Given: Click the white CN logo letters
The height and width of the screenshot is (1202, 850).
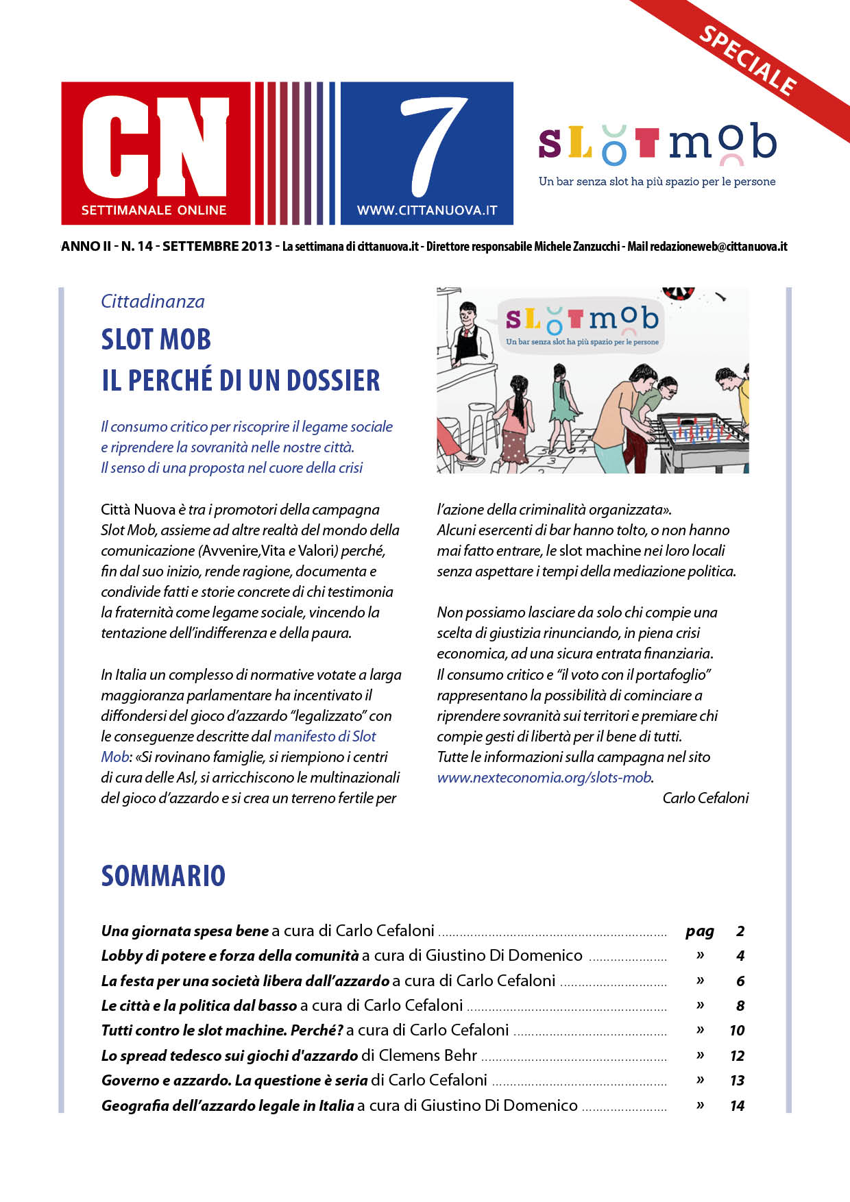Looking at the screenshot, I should pos(156,146).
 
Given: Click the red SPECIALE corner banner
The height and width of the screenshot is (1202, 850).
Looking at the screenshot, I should pos(748,60).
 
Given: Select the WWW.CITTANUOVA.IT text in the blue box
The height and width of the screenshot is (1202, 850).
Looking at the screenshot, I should pos(427,211).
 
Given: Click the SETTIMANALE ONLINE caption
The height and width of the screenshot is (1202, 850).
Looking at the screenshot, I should pos(154,210).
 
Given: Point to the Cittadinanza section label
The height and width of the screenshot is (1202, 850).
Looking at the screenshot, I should pos(152,302).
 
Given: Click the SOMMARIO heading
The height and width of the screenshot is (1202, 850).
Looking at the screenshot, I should pos(163,876).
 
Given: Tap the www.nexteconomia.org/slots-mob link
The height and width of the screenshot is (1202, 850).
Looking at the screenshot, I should pos(544,778).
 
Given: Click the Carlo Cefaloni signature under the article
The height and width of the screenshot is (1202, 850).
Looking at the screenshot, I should pos(705,798).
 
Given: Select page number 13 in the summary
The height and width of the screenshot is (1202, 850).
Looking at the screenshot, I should pos(737,1081).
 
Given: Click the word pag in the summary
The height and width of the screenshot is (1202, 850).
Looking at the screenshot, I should pos(699,931).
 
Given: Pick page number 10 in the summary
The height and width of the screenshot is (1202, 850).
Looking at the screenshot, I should pos(737,1031).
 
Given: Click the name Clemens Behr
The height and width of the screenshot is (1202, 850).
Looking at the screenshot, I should pos(428,1055).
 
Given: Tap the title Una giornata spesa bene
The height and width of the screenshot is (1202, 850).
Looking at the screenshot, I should pos(184,931).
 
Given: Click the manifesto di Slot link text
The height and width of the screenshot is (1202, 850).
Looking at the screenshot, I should pos(325,737).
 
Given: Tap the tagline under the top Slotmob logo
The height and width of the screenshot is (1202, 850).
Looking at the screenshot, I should pos(657,182).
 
